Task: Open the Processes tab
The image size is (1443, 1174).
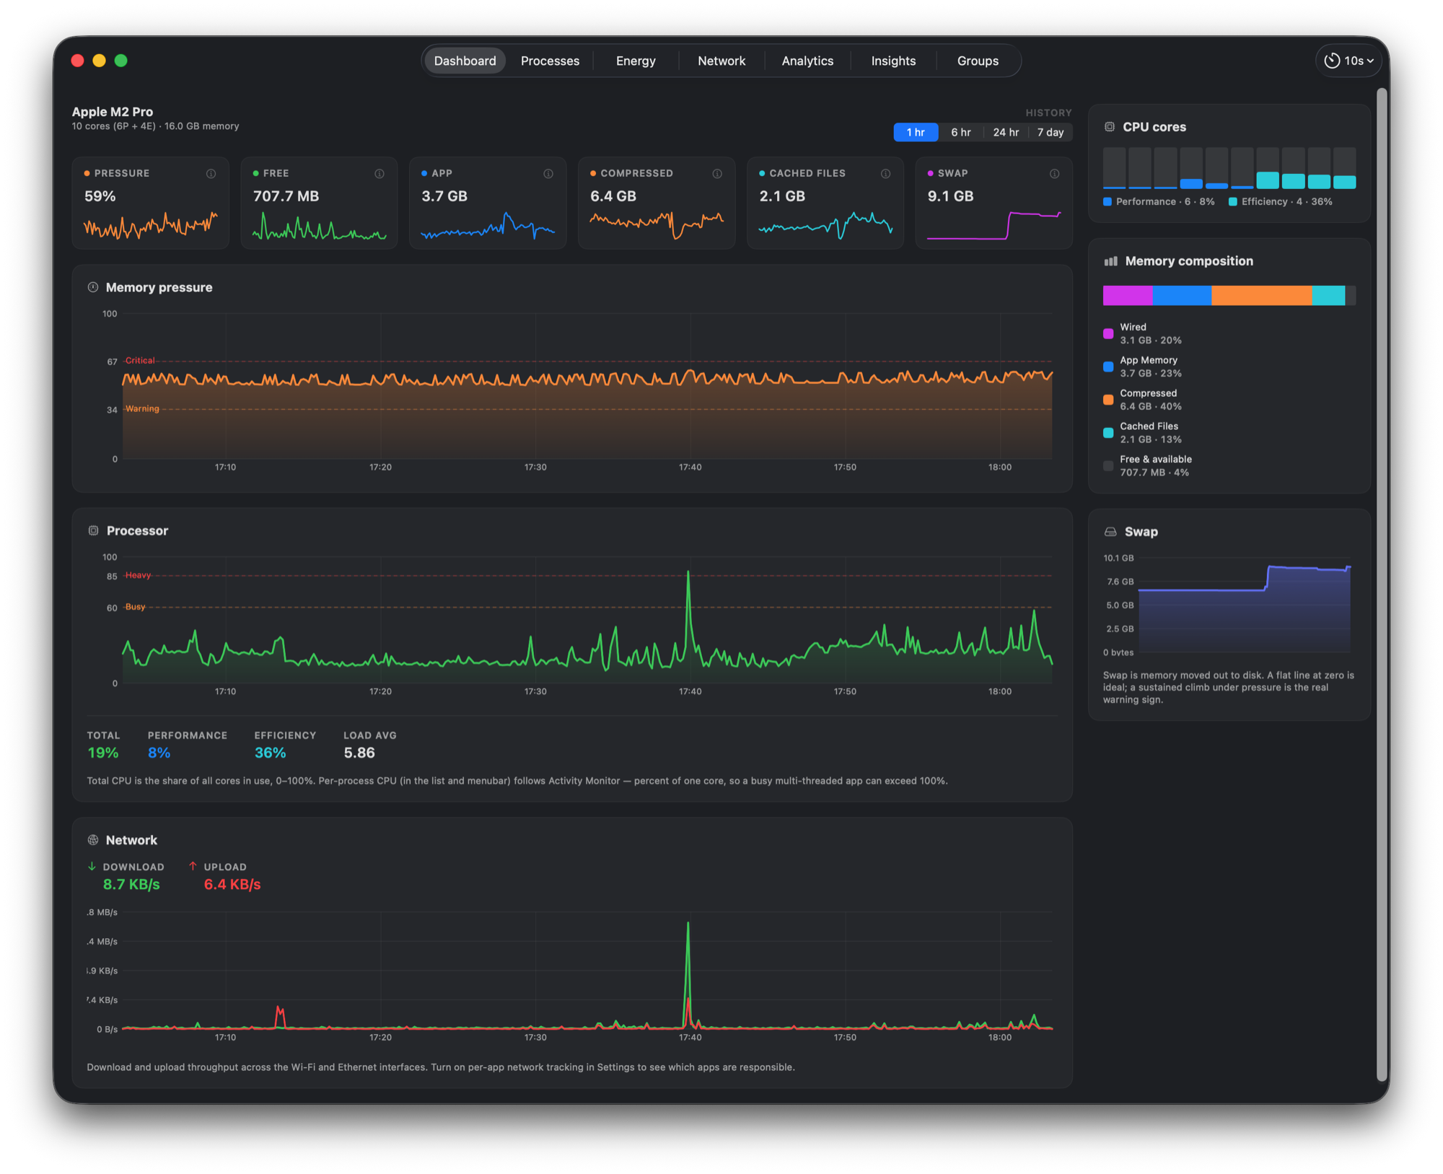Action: (550, 61)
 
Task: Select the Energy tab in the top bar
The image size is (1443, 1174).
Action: (636, 61)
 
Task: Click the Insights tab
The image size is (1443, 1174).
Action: (893, 61)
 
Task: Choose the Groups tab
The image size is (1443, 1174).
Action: (978, 61)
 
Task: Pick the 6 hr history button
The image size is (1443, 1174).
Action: (960, 132)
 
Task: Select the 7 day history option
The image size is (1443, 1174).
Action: (1050, 132)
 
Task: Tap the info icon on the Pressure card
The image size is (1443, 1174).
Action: (211, 174)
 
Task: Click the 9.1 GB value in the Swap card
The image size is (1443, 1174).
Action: (950, 196)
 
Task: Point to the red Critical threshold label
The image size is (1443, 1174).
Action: (140, 360)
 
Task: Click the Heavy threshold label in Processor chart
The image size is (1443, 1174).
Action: (138, 575)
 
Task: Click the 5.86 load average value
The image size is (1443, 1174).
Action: (359, 753)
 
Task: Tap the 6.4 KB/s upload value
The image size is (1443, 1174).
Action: (232, 885)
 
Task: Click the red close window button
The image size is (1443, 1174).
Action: (78, 61)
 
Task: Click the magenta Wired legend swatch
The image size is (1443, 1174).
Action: (1108, 333)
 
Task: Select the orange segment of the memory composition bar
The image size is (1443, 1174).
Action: (1261, 295)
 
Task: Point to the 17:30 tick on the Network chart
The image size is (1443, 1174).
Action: (535, 1037)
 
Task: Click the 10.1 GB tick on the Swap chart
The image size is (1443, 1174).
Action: (1118, 558)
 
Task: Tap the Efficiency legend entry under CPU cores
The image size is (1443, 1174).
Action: (1281, 201)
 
